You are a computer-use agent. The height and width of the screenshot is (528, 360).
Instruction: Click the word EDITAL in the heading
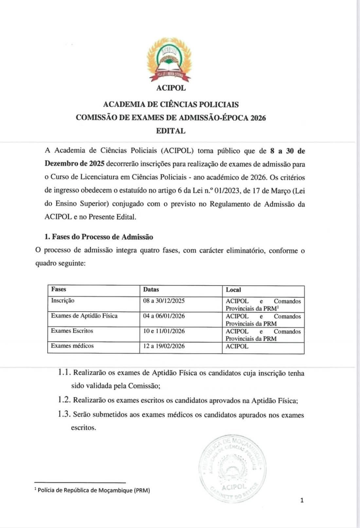point(171,131)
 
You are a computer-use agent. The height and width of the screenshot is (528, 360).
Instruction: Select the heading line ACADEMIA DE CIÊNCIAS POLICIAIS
point(171,105)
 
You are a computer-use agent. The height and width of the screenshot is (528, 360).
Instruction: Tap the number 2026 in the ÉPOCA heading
point(258,118)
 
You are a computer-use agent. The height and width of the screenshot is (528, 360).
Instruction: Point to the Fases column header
point(59,289)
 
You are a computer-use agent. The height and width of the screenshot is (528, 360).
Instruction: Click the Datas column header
point(151,290)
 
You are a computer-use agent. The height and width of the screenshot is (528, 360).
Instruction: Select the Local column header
point(233,290)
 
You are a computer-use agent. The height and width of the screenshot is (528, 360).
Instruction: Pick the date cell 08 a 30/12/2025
point(164,301)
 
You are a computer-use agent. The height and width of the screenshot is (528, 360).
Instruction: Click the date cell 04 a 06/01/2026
point(164,316)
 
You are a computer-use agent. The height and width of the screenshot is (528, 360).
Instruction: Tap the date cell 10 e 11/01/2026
point(164,331)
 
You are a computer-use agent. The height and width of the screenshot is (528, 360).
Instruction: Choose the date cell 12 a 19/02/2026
point(164,346)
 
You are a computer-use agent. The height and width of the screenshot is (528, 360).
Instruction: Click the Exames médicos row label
point(72,346)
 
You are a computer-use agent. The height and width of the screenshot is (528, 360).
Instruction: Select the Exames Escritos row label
point(72,331)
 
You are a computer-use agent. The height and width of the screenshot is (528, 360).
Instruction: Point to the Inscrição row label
point(63,301)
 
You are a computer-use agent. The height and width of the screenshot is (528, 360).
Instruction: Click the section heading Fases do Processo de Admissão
point(99,237)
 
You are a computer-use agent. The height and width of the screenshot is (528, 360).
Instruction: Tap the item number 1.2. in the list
point(64,400)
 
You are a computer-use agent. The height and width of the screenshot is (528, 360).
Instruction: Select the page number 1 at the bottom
point(302,500)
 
